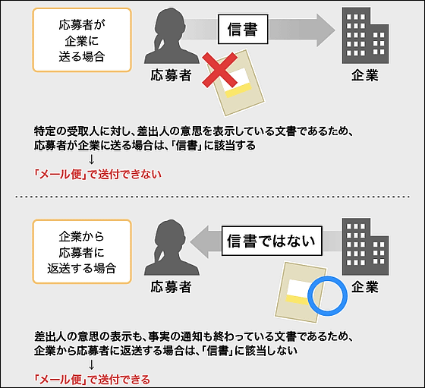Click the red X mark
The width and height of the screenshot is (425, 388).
pyautogui.click(x=220, y=70)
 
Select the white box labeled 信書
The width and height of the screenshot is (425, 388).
pyautogui.click(x=243, y=30)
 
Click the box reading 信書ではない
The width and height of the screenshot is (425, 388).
pyautogui.click(x=272, y=241)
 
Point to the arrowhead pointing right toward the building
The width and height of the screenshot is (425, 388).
pyautogui.click(x=326, y=30)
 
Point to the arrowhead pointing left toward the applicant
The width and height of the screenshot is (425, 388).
pyautogui.click(x=200, y=241)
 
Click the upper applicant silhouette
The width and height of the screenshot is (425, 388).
pyautogui.click(x=171, y=36)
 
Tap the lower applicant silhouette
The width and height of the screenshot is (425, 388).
pyautogui.click(x=171, y=248)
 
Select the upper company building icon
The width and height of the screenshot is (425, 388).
pyautogui.click(x=365, y=36)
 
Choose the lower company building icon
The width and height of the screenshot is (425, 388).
pyautogui.click(x=365, y=247)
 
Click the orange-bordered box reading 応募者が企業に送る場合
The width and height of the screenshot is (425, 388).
pyautogui.click(x=82, y=40)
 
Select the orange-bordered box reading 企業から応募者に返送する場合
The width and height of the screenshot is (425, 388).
pyautogui.click(x=82, y=251)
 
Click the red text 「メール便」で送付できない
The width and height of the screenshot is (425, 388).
pyautogui.click(x=98, y=174)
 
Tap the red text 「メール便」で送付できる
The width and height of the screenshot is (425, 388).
pyautogui.click(x=92, y=380)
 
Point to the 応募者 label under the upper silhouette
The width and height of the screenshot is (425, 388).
pyautogui.click(x=171, y=75)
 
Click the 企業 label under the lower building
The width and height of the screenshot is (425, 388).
pyautogui.click(x=365, y=287)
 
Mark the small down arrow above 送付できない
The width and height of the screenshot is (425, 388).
pyautogui.click(x=92, y=159)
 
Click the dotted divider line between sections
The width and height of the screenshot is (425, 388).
pyautogui.click(x=212, y=197)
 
